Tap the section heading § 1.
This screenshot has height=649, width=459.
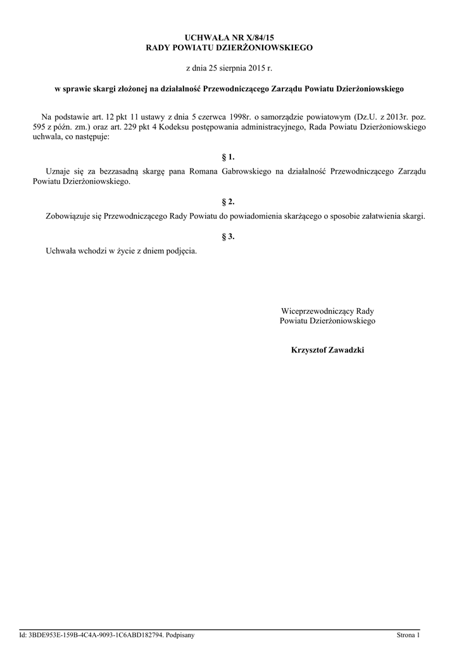click(229, 156)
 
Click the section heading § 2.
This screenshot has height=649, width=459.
click(229, 202)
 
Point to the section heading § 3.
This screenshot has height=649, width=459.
click(229, 236)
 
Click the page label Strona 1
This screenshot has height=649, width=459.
click(408, 634)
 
